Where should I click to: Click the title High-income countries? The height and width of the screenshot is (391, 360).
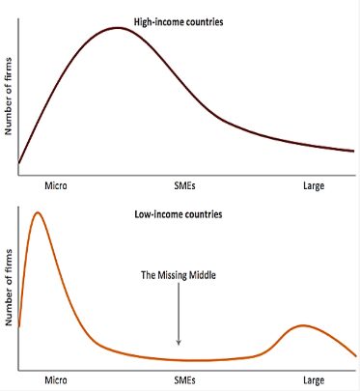[179, 22]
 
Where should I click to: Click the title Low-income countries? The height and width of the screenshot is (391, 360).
[179, 214]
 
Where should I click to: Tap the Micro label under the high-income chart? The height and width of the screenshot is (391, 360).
[56, 185]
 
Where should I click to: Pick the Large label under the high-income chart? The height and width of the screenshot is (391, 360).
[314, 186]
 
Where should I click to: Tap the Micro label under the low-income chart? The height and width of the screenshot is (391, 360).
[56, 380]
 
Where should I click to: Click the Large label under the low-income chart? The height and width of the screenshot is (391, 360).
[314, 380]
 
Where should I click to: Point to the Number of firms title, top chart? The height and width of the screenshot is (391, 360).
[8, 97]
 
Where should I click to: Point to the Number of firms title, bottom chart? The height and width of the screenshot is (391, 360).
[8, 288]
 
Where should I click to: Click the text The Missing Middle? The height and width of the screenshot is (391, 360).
[179, 275]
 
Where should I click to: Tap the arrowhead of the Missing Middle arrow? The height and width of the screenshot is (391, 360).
[179, 343]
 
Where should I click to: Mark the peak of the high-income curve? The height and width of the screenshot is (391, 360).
[118, 28]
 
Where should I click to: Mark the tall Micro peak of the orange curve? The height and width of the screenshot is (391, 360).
[38, 212]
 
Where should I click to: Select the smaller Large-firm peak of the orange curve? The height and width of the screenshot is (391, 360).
[302, 325]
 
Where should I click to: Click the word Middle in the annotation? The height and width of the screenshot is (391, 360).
[202, 275]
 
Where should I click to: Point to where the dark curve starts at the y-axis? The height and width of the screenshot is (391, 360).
[18, 163]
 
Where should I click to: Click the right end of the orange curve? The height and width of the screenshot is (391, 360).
[356, 355]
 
